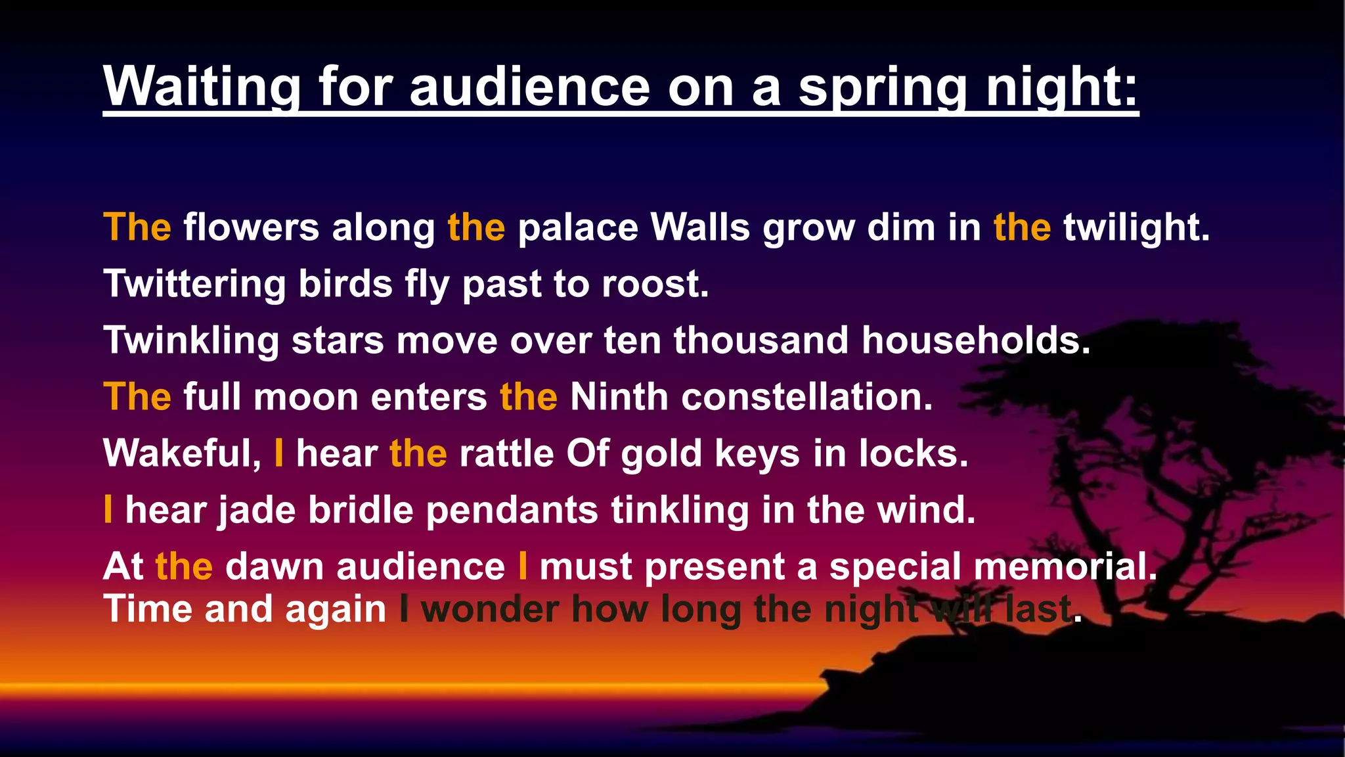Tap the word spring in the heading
coord(883,87)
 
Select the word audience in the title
coord(529,87)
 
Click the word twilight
coord(1136,227)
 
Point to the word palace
coord(578,227)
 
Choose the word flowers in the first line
coord(251,227)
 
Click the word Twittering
coord(194,284)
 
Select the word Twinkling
coord(191,340)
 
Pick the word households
coord(976,340)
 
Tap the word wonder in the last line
coord(490,609)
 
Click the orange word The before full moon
coord(137,397)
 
